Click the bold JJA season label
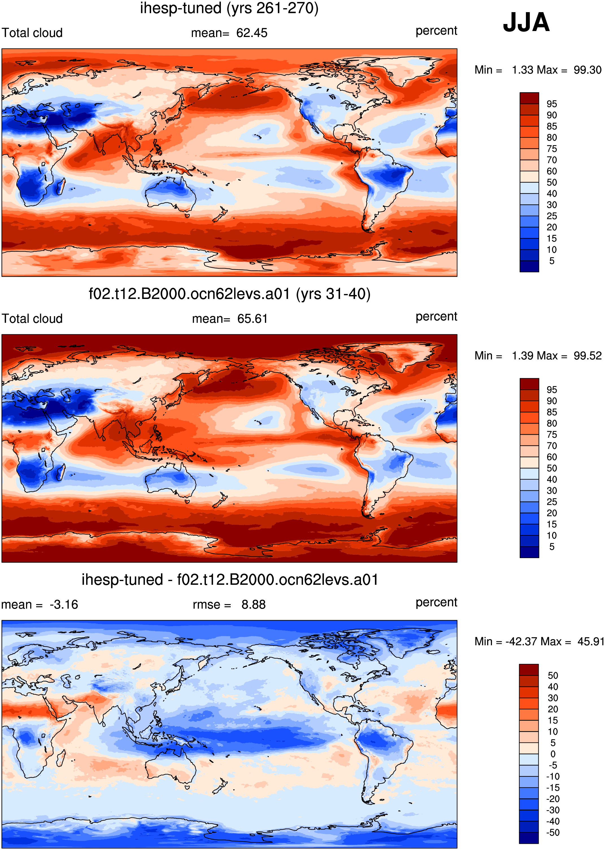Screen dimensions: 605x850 (x=526, y=22)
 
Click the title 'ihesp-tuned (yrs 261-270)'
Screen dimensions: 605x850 (x=229, y=8)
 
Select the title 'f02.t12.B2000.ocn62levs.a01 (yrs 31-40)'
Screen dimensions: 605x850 (x=229, y=294)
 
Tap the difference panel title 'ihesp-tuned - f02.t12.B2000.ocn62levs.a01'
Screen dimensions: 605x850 (x=230, y=579)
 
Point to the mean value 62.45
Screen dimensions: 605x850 (x=252, y=33)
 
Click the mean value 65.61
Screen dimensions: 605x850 (x=253, y=319)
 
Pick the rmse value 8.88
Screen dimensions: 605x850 (x=253, y=604)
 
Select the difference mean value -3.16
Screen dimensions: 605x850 (x=64, y=604)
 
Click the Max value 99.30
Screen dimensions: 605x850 (x=587, y=70)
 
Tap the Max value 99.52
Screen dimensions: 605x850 (x=587, y=356)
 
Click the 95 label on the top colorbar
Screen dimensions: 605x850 (x=552, y=104)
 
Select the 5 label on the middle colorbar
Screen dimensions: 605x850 (x=552, y=547)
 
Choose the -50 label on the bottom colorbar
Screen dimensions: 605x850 (x=553, y=832)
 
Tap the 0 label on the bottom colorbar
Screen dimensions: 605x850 (x=553, y=754)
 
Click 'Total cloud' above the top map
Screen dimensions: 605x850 (x=32, y=33)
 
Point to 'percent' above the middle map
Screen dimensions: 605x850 (x=436, y=317)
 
